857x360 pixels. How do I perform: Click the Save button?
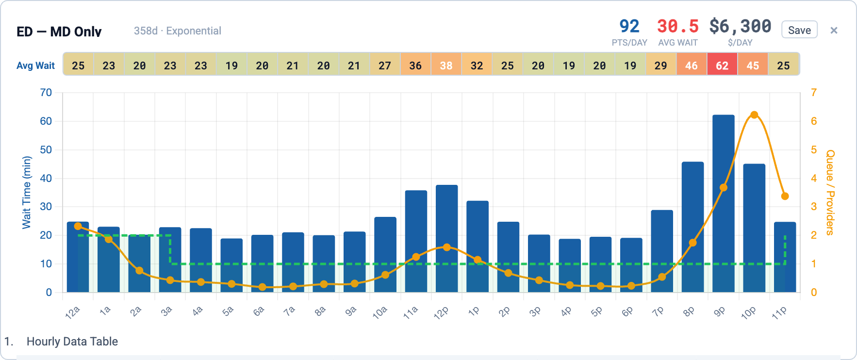click(799, 30)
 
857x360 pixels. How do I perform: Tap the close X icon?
click(834, 30)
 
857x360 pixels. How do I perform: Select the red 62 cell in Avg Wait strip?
click(722, 65)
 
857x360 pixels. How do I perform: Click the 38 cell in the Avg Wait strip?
click(446, 65)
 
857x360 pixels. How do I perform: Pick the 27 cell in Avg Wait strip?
click(385, 65)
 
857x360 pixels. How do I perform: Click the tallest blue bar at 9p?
click(723, 204)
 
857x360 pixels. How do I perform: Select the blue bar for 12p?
click(446, 238)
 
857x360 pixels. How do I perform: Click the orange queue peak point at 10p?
click(754, 115)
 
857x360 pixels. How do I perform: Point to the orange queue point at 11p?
click(785, 196)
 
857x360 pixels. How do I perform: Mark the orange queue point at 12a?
click(78, 226)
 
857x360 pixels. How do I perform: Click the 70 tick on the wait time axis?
click(46, 93)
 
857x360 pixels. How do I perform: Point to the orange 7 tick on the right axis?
click(814, 93)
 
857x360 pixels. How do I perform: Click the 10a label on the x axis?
click(380, 312)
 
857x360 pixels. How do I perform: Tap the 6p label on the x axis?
click(627, 312)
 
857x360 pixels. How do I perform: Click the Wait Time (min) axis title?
click(26, 192)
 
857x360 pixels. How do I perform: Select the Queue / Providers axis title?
click(830, 192)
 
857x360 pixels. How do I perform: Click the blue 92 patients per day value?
click(629, 26)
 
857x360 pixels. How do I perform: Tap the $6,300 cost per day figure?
click(740, 26)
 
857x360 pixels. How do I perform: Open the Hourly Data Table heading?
click(72, 342)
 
